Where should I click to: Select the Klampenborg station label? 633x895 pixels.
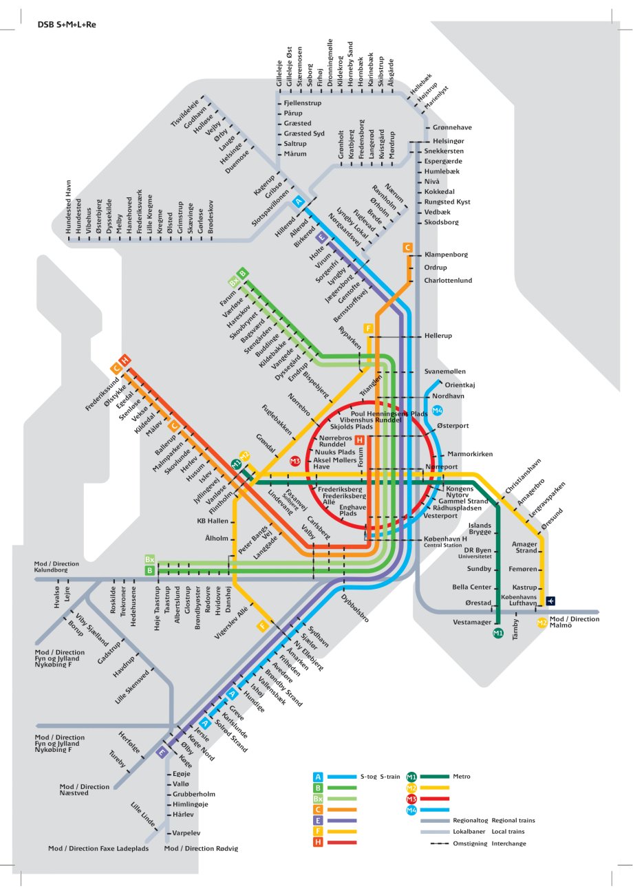pos(446,255)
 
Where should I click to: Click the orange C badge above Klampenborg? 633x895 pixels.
pos(407,247)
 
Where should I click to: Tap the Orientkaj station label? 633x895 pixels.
pos(460,385)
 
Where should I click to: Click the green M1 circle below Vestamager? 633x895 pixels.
pos(498,632)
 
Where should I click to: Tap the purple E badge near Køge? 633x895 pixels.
pos(162,753)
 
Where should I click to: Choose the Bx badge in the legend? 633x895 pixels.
pos(318,799)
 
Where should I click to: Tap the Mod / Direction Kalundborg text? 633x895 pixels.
pos(58,568)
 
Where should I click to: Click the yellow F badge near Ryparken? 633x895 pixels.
pos(369,328)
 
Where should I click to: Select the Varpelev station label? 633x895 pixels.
pos(187,833)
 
